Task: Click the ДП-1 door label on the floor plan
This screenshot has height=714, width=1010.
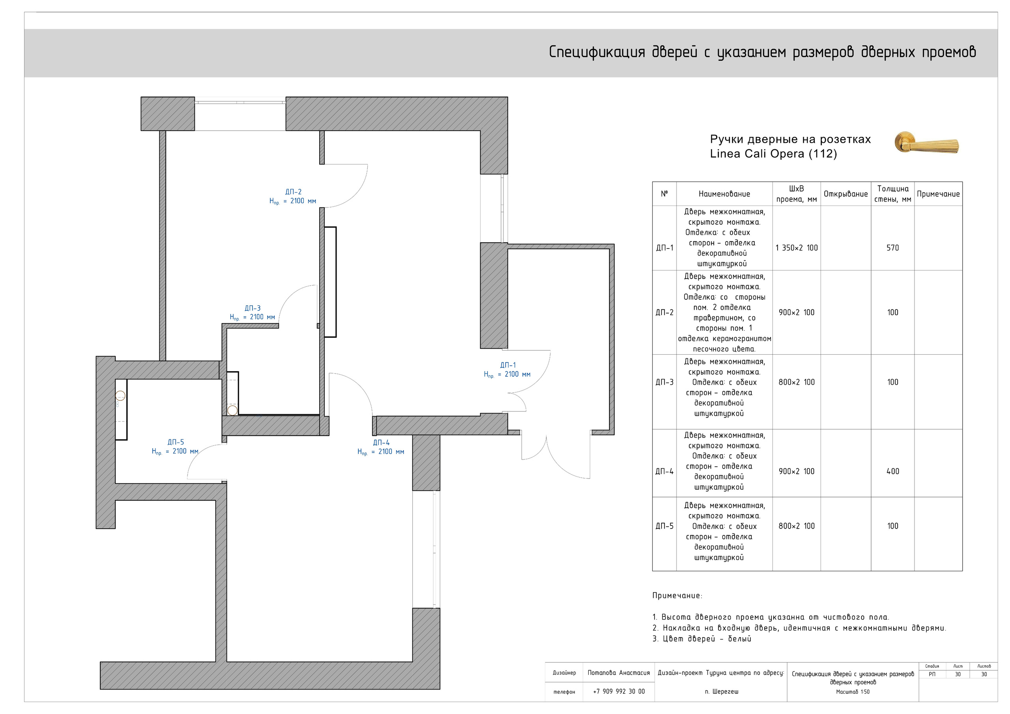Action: [x=508, y=365]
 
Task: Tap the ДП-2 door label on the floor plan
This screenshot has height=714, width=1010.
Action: [x=294, y=192]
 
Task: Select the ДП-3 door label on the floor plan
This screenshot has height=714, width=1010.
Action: [x=252, y=308]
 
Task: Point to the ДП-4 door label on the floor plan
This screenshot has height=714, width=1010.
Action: [x=381, y=443]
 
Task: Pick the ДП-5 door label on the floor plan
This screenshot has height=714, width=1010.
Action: [x=176, y=442]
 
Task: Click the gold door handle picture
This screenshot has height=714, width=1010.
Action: [x=926, y=142]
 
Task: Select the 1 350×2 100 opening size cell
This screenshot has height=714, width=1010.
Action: [x=797, y=248]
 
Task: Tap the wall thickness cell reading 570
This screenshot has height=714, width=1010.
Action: [x=892, y=248]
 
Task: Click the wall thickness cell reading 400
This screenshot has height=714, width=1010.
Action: [x=892, y=471]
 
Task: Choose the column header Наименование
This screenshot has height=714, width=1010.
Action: [x=724, y=194]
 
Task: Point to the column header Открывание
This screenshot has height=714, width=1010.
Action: [x=845, y=194]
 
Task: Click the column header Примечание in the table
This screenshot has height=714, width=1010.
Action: [x=938, y=194]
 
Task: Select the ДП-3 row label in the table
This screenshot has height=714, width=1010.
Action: [x=664, y=382]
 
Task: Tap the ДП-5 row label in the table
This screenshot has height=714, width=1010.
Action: [x=664, y=526]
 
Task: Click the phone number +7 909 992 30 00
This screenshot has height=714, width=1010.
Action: [x=619, y=691]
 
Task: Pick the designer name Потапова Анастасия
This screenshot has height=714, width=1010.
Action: [x=619, y=673]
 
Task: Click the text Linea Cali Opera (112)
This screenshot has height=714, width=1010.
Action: [x=773, y=153]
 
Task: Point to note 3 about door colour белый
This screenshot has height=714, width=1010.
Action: [x=701, y=639]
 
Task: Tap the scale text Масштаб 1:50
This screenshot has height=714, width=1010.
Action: [x=853, y=692]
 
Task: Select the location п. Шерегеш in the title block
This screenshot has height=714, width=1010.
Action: [x=722, y=692]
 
